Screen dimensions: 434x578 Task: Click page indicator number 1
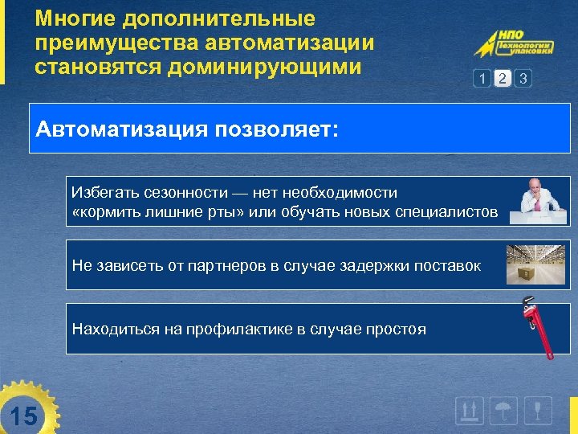click(x=482, y=78)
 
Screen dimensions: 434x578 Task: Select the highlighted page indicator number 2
click(x=503, y=78)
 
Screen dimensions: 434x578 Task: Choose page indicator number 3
click(x=523, y=78)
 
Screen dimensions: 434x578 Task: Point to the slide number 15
click(x=24, y=416)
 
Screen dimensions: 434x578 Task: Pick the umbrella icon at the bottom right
click(x=503, y=411)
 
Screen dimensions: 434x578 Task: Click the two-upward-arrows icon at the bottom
click(x=469, y=411)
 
